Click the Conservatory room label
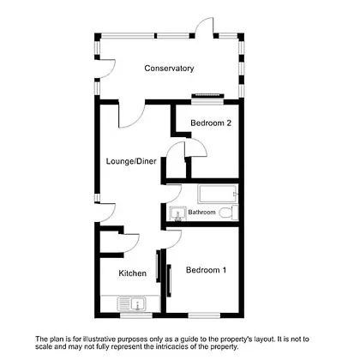point(169,69)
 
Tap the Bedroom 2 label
point(211,123)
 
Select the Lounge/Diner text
point(131,161)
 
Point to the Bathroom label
point(201,213)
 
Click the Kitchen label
point(133,273)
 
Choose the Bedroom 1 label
point(206,270)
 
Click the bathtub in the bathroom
point(218,195)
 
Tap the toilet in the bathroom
point(229,213)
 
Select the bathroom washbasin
point(177,213)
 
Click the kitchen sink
point(132,304)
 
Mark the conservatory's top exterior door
point(204,27)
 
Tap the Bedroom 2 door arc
point(196,147)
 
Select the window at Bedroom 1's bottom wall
point(204,315)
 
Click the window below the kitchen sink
point(136,315)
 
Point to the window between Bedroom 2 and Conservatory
point(207,102)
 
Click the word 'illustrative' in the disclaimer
point(99,339)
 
